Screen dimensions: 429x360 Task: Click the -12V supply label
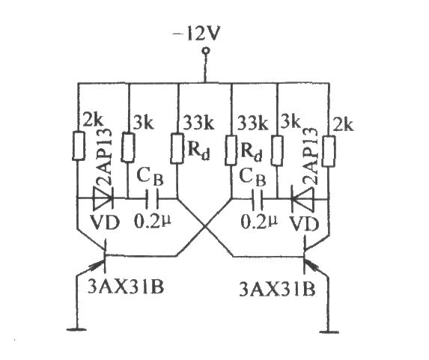tap(196, 34)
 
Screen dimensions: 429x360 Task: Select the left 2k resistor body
tap(79, 146)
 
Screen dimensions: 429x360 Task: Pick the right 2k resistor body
tap(329, 150)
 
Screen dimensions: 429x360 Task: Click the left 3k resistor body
tap(128, 147)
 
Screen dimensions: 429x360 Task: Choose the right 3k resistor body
tap(278, 150)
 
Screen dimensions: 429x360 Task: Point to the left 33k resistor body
tap(177, 148)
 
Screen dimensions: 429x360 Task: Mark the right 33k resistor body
tap(231, 150)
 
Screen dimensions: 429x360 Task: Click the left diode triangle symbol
tap(103, 198)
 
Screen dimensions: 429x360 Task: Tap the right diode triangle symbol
tap(302, 199)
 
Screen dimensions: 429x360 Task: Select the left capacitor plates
tap(153, 198)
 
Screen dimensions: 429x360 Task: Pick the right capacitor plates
tap(258, 199)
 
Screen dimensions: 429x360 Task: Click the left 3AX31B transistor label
tap(126, 287)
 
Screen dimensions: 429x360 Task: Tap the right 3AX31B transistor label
tap(277, 289)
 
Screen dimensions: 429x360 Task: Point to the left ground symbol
tap(77, 329)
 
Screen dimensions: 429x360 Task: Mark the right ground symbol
tap(329, 332)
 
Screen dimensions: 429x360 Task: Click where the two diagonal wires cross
tap(204, 227)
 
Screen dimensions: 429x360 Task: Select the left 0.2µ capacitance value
tap(153, 221)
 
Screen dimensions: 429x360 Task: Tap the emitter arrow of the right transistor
tap(313, 266)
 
